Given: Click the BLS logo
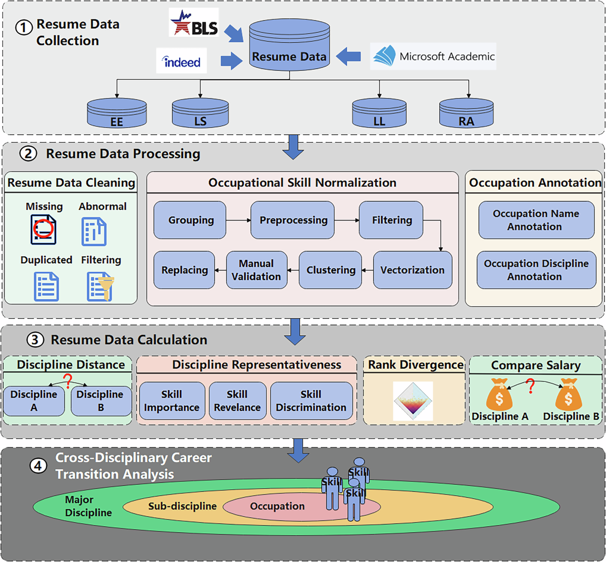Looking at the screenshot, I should (194, 22).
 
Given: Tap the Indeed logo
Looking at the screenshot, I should (182, 61).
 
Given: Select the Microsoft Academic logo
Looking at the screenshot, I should (433, 57).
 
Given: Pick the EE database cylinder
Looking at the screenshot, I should (117, 113).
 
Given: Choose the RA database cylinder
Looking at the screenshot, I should (466, 113).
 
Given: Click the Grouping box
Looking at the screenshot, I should (191, 220).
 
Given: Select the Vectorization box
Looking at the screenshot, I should (413, 270).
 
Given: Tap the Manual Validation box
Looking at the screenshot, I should (257, 270).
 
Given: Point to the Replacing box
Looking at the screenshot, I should (184, 270).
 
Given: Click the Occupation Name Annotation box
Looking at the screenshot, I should (536, 220).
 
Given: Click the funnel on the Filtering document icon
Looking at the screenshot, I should (105, 290).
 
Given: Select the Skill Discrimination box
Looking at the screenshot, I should (311, 401).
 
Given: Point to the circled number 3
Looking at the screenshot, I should (35, 340).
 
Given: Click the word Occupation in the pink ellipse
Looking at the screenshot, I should (277, 506).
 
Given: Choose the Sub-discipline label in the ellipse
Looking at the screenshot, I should (182, 506).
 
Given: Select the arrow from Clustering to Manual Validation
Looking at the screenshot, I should (293, 270).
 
